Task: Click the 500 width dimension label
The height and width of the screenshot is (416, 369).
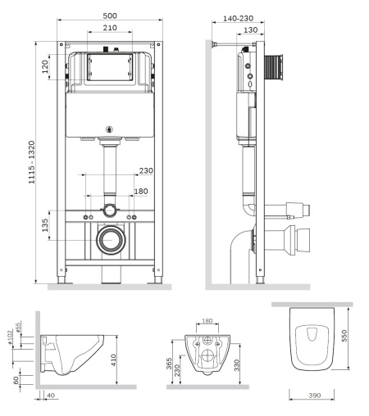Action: pyautogui.click(x=110, y=16)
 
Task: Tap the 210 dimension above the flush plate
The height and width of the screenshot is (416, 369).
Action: pyautogui.click(x=110, y=28)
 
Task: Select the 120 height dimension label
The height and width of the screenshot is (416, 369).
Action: pyautogui.click(x=45, y=66)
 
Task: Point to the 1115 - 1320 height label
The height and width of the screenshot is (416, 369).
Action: pyautogui.click(x=32, y=162)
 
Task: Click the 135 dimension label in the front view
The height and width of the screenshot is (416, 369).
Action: pyautogui.click(x=45, y=225)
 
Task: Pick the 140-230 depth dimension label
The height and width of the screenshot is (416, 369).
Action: pyautogui.click(x=238, y=18)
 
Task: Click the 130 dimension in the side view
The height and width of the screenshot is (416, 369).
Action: pyautogui.click(x=250, y=29)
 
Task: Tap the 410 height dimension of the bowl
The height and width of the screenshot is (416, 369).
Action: pyautogui.click(x=113, y=359)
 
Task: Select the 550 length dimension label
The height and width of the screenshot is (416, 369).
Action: pyautogui.click(x=344, y=336)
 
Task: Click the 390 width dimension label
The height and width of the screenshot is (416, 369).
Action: pyautogui.click(x=315, y=396)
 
